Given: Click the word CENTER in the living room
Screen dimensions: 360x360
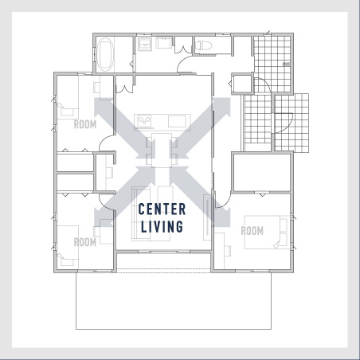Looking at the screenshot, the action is pyautogui.click(x=162, y=209).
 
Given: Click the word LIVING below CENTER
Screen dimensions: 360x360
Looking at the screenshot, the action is pyautogui.click(x=162, y=226).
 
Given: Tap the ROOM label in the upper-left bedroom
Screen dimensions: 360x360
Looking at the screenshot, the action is pyautogui.click(x=85, y=124).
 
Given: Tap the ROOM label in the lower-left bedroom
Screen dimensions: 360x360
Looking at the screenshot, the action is pyautogui.click(x=85, y=242).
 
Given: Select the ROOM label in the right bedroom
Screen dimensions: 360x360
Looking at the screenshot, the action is pyautogui.click(x=252, y=231).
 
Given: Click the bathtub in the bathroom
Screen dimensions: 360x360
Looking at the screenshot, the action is pyautogui.click(x=105, y=54).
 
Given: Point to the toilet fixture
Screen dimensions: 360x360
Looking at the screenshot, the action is pyautogui.click(x=203, y=45).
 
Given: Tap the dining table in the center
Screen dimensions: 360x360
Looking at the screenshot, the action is pyautogui.click(x=162, y=151).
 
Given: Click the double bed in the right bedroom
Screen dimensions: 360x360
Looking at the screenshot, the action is pyautogui.click(x=267, y=233).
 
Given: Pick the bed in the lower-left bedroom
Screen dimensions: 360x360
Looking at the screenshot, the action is pyautogui.click(x=68, y=247).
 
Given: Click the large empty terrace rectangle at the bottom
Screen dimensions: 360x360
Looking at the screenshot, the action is pyautogui.click(x=174, y=301).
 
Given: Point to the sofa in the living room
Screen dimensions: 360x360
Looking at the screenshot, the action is pyautogui.click(x=141, y=214).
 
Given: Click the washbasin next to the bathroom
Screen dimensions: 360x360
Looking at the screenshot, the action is pyautogui.click(x=145, y=44).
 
